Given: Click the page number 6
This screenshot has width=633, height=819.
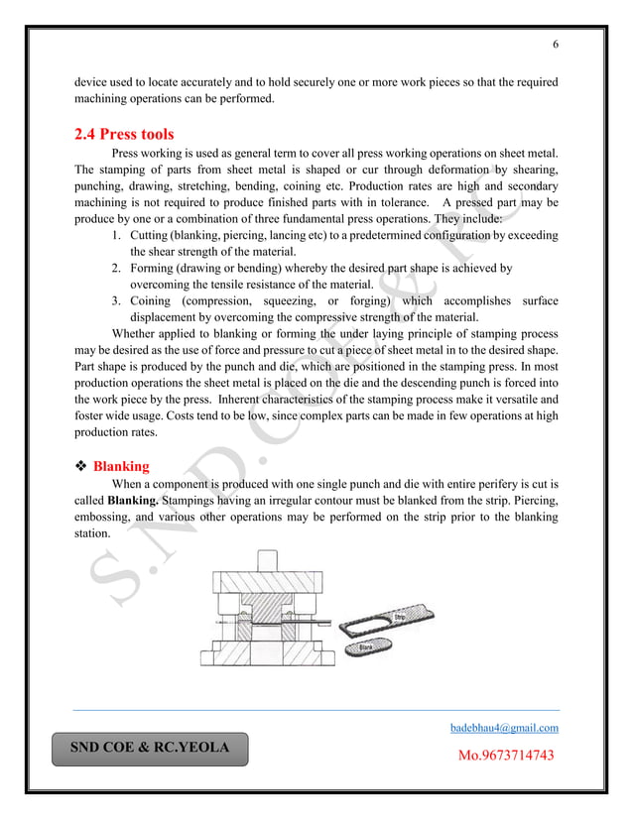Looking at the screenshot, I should [x=555, y=44].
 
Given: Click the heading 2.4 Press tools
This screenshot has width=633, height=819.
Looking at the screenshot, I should [x=125, y=134].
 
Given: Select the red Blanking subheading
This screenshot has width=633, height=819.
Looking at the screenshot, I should [x=121, y=465].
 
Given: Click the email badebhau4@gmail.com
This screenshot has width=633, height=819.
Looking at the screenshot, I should [x=504, y=728].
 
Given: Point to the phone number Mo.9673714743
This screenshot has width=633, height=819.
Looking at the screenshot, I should [x=505, y=757].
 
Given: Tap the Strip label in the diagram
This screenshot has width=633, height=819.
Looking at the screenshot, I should [x=401, y=617].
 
